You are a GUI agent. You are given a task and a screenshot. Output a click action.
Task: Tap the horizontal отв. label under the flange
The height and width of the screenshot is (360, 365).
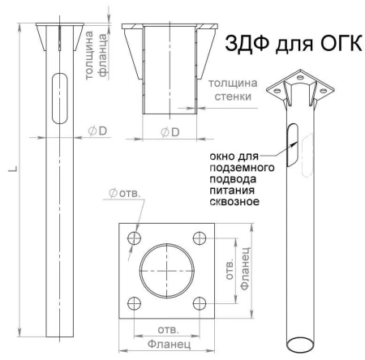click(166, 331)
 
